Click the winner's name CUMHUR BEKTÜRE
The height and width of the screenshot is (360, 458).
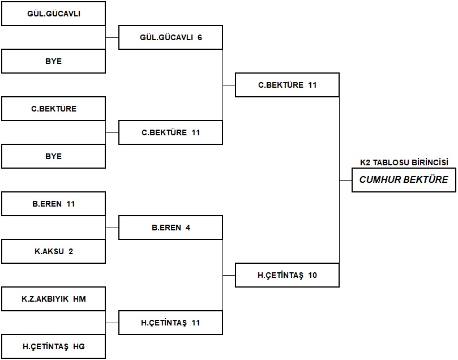(404, 179)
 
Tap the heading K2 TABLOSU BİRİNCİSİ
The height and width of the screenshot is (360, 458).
(404, 162)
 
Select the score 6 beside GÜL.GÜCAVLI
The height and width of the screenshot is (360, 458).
(200, 37)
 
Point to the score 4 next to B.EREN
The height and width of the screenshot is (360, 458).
(188, 228)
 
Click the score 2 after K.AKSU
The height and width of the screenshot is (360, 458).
(71, 251)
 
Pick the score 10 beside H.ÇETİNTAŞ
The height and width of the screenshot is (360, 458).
(313, 275)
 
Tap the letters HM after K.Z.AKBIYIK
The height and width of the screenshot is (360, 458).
(79, 299)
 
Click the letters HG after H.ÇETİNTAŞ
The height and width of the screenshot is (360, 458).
(79, 346)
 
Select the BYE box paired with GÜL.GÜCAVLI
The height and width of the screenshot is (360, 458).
(53, 61)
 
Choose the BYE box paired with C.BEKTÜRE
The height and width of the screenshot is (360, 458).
(53, 156)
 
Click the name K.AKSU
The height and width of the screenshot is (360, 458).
(49, 251)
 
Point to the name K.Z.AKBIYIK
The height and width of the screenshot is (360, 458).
(45, 299)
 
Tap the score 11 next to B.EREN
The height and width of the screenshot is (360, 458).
(71, 204)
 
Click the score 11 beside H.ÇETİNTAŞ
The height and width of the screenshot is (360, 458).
(196, 323)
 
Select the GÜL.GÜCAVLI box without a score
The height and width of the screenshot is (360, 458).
(53, 14)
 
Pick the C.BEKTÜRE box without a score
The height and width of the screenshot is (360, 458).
(53, 109)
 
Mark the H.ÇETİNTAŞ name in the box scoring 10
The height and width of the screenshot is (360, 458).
(280, 275)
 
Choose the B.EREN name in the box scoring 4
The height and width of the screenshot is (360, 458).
(166, 228)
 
